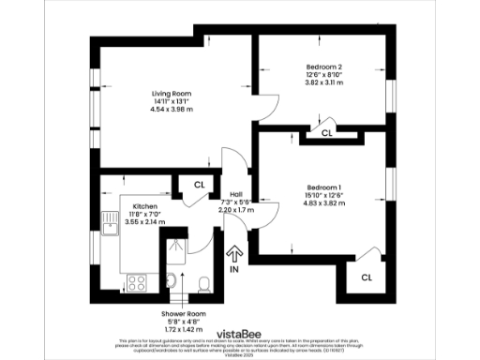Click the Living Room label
pos(171,93)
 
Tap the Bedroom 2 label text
pos(325,67)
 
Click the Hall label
pos(237,194)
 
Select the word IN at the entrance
pos(234,269)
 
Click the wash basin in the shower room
pos(170,280)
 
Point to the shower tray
pos(172,251)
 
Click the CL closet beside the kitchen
pos(199,184)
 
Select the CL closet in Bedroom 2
pos(326,134)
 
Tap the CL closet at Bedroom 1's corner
pos(367,277)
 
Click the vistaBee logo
pos(239,332)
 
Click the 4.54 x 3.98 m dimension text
pos(171,110)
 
